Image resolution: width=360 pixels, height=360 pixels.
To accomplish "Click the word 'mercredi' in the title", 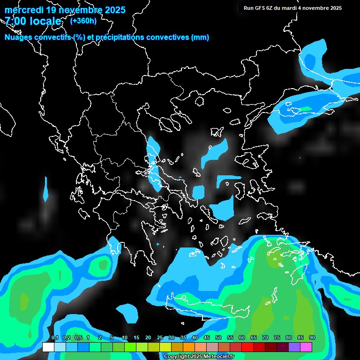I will coord(23,10).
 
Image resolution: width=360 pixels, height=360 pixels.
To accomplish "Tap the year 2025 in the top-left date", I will coord(112,10).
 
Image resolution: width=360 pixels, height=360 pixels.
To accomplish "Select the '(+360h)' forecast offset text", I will coord(83,21).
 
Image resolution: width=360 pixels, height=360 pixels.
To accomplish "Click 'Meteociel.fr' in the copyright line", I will coord(219,357).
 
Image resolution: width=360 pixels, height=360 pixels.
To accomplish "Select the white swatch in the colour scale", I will coord(48,347).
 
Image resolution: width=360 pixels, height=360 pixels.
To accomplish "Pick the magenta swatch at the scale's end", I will coord(306,347).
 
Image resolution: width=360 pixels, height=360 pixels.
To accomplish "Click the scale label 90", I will coord(312,338).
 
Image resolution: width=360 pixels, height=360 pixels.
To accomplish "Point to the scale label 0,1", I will coord(54,338).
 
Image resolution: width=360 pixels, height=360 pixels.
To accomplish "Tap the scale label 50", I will coord(218,338).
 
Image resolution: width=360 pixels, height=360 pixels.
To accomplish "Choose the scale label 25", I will coord(159,338).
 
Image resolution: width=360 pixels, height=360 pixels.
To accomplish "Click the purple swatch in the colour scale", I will coord(294,347).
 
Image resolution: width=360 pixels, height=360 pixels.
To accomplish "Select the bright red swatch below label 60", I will coord(247,347).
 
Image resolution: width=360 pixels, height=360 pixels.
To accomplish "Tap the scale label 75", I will coord(277,338).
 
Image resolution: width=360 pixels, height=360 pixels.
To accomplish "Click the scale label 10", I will coord(124,338).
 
